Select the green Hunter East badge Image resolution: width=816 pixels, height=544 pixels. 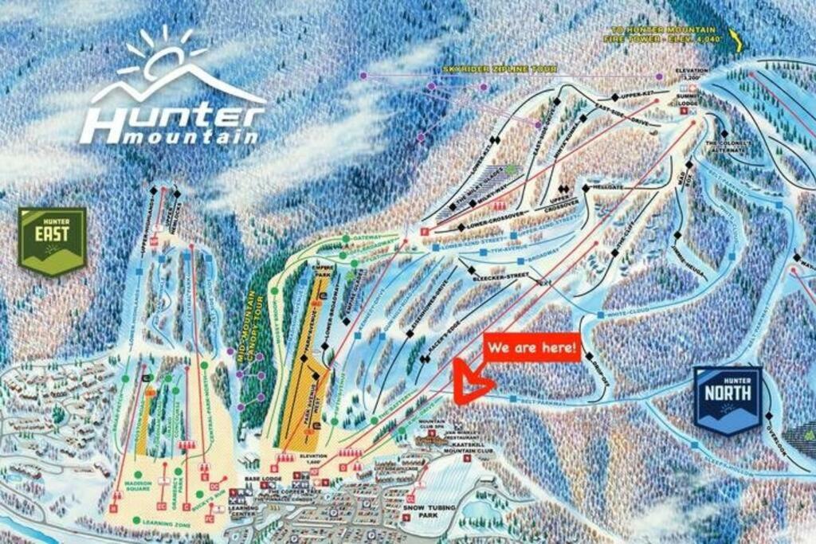pos(53,240)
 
